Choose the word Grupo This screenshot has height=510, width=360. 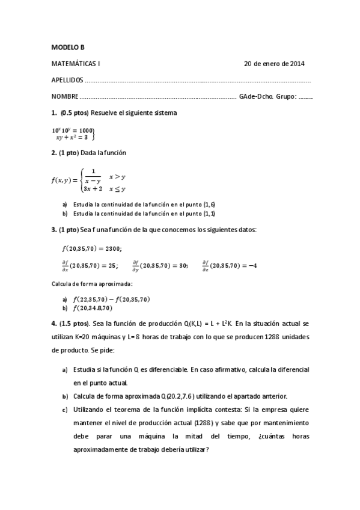point(285,96)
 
